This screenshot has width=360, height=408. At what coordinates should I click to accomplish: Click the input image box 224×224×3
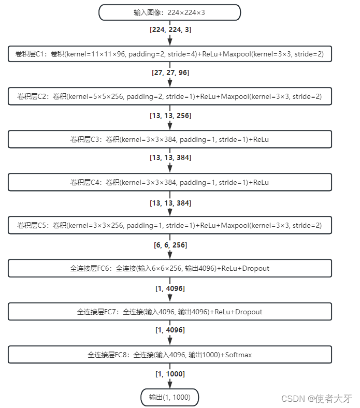169,12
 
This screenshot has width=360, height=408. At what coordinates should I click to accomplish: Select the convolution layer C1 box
169,53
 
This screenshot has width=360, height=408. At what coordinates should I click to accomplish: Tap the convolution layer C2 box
169,96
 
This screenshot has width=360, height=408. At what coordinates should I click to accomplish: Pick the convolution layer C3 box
169,139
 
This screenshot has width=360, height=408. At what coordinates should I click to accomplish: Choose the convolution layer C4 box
169,182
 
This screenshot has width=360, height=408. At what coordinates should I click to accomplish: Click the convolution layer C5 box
169,225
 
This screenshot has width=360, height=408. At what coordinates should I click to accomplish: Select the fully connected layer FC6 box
169,268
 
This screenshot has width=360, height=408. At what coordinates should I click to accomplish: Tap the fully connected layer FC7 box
169,312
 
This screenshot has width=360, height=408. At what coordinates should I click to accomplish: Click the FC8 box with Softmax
169,355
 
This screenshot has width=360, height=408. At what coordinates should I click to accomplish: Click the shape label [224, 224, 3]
170,30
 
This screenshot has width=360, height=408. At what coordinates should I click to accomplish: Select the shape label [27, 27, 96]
170,72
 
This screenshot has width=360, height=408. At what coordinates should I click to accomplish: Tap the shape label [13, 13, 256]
170,115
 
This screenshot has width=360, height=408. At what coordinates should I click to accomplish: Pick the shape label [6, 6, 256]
170,244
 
